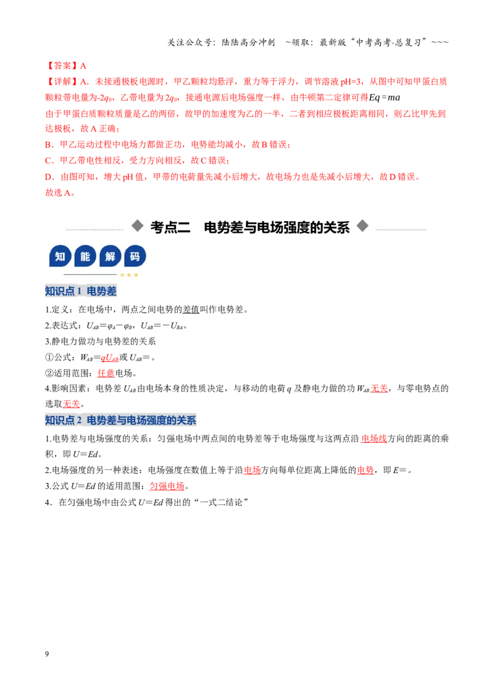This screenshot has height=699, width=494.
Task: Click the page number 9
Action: coord(47,654)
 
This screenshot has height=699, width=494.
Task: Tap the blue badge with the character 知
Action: coord(60,256)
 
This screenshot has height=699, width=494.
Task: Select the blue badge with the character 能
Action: coord(85,256)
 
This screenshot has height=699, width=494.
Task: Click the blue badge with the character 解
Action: coord(110,256)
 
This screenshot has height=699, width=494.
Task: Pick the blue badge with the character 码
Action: coord(135,256)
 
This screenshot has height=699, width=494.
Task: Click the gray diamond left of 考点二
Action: coord(137,226)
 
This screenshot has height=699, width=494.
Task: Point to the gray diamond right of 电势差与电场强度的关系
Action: coord(362,226)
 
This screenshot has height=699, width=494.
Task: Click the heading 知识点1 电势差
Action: coord(81,291)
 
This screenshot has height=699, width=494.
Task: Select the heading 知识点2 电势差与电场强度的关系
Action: coord(120,420)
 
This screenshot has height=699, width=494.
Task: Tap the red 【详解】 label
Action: coord(62,82)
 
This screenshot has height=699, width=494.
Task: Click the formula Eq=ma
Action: coord(384,98)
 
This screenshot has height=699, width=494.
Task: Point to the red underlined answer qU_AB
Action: coord(110,358)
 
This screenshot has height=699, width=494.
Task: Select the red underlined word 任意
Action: coord(106,373)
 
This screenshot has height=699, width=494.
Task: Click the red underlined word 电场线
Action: coord(374,438)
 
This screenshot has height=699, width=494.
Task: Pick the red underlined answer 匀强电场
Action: coord(167,486)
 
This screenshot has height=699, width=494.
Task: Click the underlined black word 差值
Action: coord(191,309)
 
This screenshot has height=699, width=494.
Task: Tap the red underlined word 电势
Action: coord(365,470)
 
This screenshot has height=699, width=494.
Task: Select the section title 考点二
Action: coord(170,227)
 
